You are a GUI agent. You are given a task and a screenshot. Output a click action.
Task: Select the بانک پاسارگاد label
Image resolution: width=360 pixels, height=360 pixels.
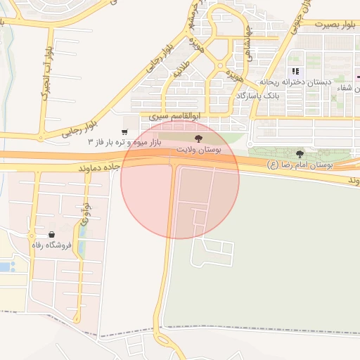point(257,95)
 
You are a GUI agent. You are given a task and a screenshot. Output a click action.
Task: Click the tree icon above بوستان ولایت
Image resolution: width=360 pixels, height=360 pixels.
point(196,139)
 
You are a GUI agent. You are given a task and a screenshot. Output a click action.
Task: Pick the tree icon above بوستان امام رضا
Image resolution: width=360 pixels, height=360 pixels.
point(300,154)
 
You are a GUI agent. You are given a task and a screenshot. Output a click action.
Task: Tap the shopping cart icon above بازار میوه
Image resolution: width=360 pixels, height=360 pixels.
point(124,131)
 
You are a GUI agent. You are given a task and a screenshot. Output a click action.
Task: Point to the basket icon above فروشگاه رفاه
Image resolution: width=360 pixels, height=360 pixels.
point(51,234)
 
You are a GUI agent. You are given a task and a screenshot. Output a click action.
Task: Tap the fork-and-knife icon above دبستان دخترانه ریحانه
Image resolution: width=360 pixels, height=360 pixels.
point(296,71)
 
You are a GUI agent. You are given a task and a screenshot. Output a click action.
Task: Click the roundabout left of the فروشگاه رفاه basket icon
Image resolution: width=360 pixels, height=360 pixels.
point(32,236)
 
